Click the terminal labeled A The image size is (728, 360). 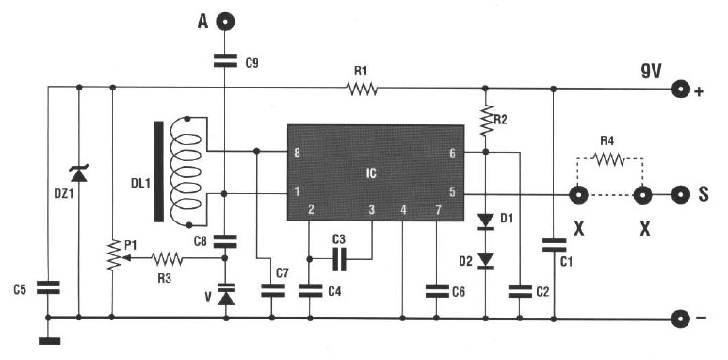[226, 21]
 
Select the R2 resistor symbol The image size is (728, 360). [487, 120]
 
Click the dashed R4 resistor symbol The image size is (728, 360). [609, 161]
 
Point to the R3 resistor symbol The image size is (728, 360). [167, 256]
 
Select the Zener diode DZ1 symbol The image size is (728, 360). [78, 173]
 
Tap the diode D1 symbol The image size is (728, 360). [486, 222]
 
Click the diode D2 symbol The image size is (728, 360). [486, 259]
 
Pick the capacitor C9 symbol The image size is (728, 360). [226, 62]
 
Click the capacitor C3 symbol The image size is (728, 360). [340, 255]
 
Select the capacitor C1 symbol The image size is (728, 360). [553, 246]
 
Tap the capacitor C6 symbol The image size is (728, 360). [436, 289]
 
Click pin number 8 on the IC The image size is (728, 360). [297, 152]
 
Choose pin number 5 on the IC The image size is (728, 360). [452, 192]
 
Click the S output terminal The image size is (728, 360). [681, 195]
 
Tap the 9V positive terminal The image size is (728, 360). [680, 90]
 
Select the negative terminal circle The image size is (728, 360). [680, 318]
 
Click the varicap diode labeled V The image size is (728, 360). [226, 294]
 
